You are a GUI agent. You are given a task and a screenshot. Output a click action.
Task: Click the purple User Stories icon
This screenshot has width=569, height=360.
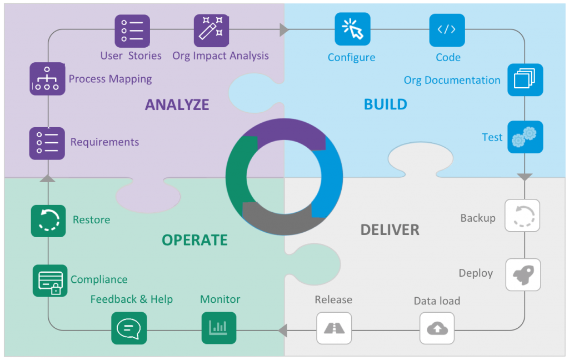[132, 31]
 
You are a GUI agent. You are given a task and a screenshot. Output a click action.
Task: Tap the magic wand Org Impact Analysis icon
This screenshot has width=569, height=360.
[212, 31]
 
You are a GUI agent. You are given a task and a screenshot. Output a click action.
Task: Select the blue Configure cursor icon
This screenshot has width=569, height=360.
[352, 29]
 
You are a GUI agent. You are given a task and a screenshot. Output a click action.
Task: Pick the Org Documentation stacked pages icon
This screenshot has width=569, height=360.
[525, 80]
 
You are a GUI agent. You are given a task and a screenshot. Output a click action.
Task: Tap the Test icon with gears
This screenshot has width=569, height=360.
[525, 137]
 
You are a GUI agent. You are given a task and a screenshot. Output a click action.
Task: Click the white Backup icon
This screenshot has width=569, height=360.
[522, 216]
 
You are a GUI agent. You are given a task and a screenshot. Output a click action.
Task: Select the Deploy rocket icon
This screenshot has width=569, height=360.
[523, 274]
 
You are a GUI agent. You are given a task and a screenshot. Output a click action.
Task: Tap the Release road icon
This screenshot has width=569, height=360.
[334, 328]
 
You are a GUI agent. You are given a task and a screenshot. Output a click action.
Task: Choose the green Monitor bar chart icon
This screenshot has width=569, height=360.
[218, 328]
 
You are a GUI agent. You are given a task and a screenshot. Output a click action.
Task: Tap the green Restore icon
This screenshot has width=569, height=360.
[48, 221]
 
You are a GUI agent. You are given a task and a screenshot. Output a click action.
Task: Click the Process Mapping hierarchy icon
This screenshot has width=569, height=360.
[47, 79]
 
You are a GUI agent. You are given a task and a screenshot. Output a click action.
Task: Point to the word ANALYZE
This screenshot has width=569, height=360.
[177, 104]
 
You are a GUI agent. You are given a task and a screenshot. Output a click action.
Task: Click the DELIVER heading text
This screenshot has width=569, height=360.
[390, 229]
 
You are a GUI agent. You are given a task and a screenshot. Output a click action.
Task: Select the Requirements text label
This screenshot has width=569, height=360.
[104, 142]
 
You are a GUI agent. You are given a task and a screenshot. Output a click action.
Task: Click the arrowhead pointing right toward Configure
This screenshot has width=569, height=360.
[284, 30]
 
